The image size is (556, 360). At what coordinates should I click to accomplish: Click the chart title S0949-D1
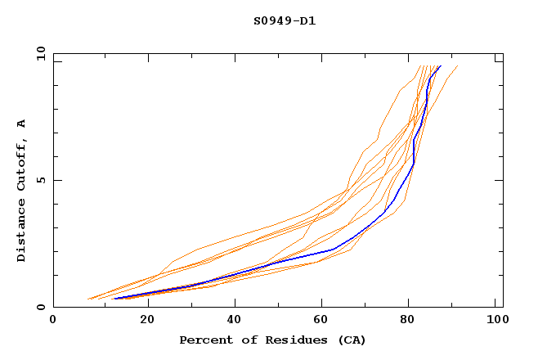tap(285, 20)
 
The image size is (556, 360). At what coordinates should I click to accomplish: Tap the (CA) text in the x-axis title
tap(350, 340)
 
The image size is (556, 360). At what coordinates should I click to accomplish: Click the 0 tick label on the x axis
tap(53, 320)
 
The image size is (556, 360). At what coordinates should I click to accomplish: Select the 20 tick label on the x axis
tap(147, 320)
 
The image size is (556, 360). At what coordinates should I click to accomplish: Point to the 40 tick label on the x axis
tap(235, 320)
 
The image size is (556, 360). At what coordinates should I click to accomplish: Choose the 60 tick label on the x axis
tap(324, 320)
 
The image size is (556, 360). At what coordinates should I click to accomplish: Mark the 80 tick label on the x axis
tap(413, 320)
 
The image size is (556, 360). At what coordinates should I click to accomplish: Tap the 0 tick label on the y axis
tap(39, 307)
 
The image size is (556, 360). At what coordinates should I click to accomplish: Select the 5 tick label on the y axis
tap(39, 180)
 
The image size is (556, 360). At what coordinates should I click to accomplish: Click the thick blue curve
tap(334, 249)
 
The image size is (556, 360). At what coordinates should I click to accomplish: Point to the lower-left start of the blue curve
tap(114, 299)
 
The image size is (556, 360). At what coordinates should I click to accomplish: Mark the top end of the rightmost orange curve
tap(457, 66)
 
